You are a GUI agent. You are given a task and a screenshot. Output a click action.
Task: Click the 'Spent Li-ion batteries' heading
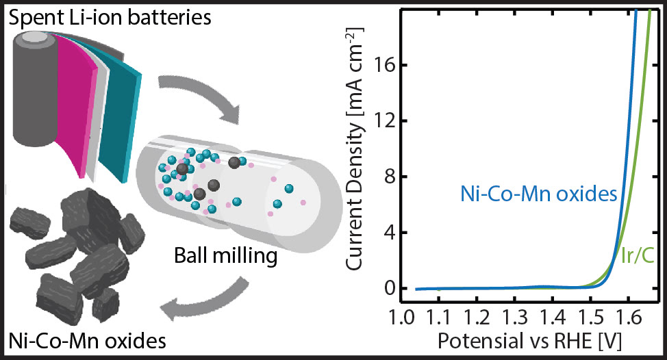pyautogui.click(x=110, y=18)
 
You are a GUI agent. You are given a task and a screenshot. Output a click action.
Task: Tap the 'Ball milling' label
pyautogui.click(x=226, y=256)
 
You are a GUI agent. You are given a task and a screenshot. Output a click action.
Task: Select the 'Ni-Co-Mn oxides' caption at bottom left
pyautogui.click(x=87, y=340)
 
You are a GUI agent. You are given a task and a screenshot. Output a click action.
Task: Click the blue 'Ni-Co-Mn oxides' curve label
pyautogui.click(x=539, y=194)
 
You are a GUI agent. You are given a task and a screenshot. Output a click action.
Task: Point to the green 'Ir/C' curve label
pyautogui.click(x=638, y=255)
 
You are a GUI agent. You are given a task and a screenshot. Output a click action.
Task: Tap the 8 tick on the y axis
pyautogui.click(x=390, y=177)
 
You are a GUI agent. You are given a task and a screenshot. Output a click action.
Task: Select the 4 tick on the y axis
pyautogui.click(x=390, y=233)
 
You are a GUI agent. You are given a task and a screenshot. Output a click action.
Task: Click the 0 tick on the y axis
pyautogui.click(x=390, y=289)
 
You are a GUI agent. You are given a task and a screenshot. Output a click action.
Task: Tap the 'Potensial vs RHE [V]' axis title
pyautogui.click(x=529, y=341)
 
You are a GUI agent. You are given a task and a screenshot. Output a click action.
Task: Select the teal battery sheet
pyautogui.click(x=121, y=110)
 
